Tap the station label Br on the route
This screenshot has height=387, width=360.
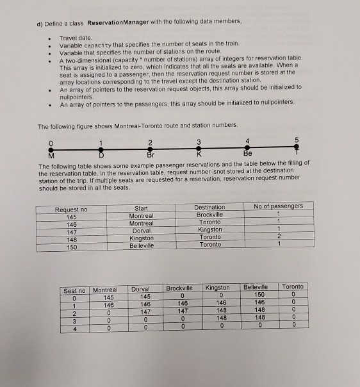pos(151,154)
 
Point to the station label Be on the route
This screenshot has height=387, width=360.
pos(247,154)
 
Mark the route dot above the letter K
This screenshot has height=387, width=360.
pos(199,147)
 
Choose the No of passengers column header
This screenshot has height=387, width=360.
pos(278,206)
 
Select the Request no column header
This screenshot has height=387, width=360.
pos(71,210)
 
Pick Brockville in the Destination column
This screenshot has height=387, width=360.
pos(209,215)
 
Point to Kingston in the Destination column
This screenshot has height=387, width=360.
pos(209,229)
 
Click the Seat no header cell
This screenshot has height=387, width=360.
pos(74,291)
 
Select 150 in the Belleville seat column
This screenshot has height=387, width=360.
pos(257,293)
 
